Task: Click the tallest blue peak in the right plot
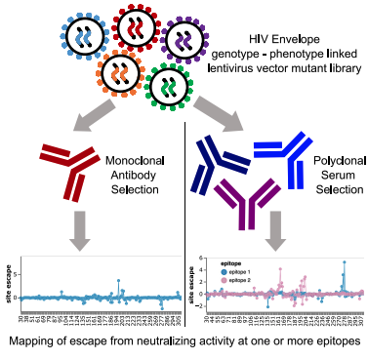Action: pyautogui.click(x=344, y=262)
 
